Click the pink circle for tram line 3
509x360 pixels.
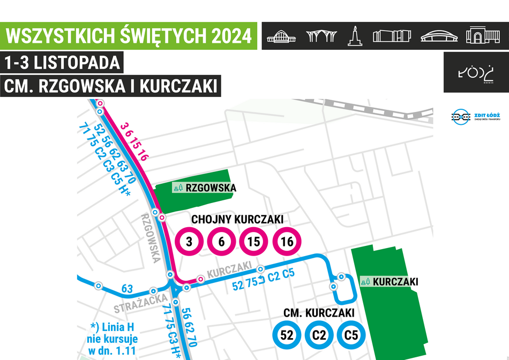[189, 242]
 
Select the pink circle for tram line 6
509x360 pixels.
[221, 242]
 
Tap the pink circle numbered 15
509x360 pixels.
[254, 242]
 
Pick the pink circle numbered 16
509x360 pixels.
[287, 242]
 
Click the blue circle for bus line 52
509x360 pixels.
[287, 336]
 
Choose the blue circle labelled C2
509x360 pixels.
[319, 336]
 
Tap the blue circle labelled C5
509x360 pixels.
[351, 336]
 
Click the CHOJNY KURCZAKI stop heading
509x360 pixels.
[237, 220]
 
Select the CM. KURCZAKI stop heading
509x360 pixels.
[319, 313]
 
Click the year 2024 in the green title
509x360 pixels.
[230, 36]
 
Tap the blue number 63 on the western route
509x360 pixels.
[127, 289]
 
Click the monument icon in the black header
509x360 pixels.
[354, 35]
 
